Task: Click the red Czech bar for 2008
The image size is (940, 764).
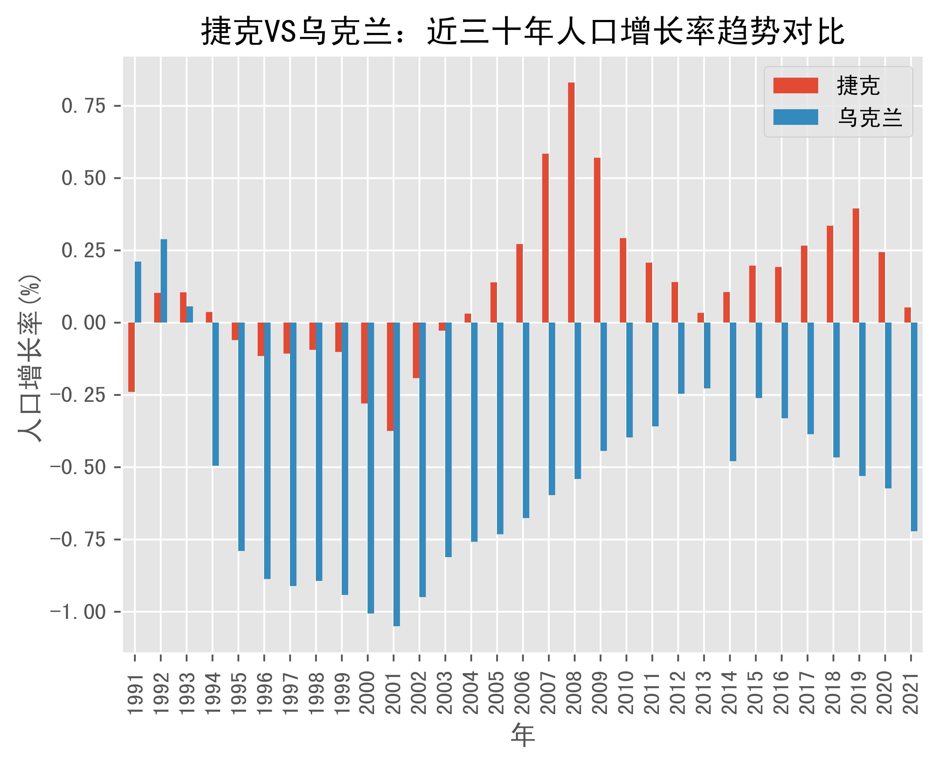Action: click(x=571, y=203)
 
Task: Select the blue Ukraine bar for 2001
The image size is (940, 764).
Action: click(x=397, y=474)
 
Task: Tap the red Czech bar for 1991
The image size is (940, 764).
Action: click(x=132, y=357)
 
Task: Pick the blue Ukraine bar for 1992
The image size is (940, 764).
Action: click(x=164, y=281)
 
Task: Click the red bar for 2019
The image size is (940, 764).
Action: click(x=856, y=265)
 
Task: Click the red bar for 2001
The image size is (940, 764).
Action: click(x=390, y=377)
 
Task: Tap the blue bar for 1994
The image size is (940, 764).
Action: click(x=216, y=394)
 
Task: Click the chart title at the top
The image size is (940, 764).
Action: click(x=523, y=32)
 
